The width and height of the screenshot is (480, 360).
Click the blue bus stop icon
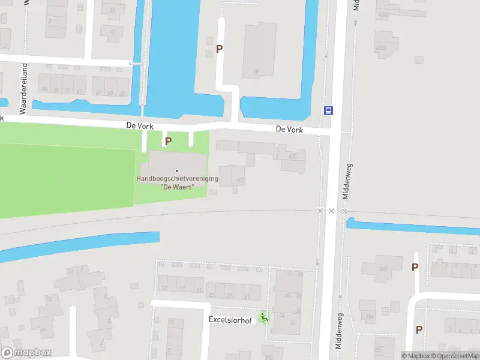[329, 110]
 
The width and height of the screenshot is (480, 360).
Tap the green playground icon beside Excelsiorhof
[263, 317]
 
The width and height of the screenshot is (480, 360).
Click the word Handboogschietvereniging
[177, 179]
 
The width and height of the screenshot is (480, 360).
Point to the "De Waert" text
[177, 187]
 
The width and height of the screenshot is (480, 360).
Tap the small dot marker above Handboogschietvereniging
[176, 171]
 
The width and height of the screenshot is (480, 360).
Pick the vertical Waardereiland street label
[25, 88]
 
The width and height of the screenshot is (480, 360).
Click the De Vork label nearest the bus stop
[289, 130]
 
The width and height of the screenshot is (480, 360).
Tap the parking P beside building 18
[220, 49]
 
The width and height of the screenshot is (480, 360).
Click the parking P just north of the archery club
[169, 141]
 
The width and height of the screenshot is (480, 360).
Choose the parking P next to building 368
[415, 268]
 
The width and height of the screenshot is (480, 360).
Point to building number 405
[292, 157]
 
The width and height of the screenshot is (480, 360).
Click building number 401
[240, 180]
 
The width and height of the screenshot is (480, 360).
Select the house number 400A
[381, 48]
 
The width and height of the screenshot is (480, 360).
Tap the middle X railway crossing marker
[331, 211]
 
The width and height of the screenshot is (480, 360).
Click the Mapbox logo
[26, 353]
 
